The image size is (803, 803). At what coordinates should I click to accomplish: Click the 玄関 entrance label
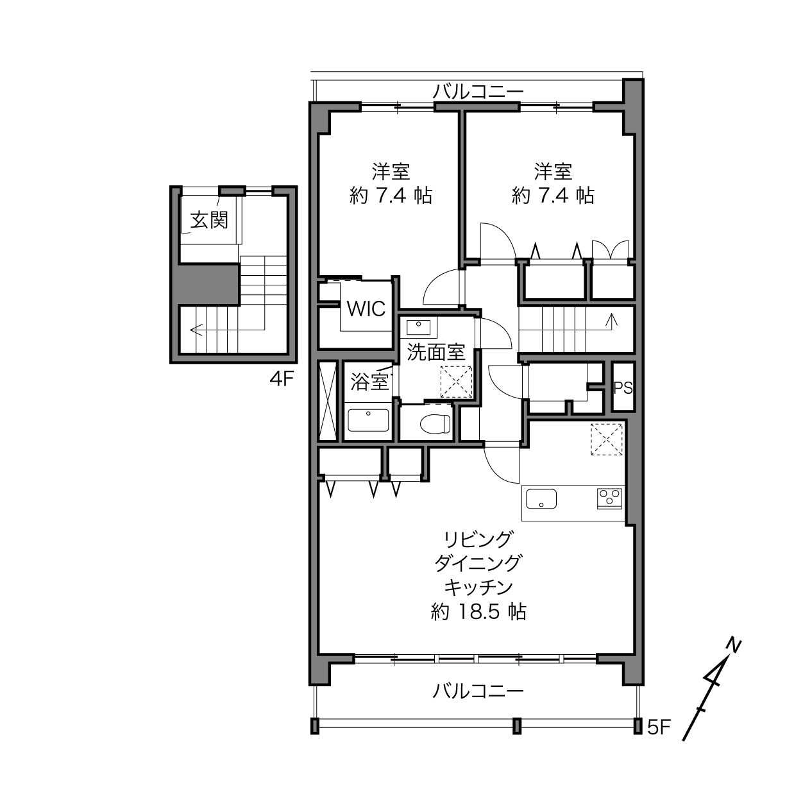pyautogui.click(x=209, y=220)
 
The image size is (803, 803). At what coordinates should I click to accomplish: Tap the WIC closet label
pyautogui.click(x=366, y=309)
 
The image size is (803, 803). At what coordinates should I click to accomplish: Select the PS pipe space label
pyautogui.click(x=623, y=388)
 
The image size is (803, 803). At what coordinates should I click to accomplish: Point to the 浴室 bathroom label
pyautogui.click(x=369, y=381)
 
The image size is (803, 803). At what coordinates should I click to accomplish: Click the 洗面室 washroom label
pyautogui.click(x=436, y=351)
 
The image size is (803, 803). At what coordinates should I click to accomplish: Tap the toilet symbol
pyautogui.click(x=435, y=424)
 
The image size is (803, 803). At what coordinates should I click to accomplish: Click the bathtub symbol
pyautogui.click(x=368, y=421)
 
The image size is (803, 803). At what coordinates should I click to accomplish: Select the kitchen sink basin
pyautogui.click(x=541, y=499)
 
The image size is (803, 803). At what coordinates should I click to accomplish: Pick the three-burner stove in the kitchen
pyautogui.click(x=610, y=498)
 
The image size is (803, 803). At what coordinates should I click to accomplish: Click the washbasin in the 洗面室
pyautogui.click(x=418, y=328)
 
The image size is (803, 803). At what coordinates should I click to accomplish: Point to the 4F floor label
pyautogui.click(x=282, y=379)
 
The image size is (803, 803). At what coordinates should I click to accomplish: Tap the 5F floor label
pyautogui.click(x=659, y=727)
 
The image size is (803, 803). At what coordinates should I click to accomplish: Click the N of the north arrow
pyautogui.click(x=734, y=645)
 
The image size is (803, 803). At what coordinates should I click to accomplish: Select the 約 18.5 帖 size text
pyautogui.click(x=478, y=612)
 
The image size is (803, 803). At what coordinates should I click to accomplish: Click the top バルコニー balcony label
pyautogui.click(x=478, y=92)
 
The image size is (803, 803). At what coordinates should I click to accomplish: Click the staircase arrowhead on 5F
pyautogui.click(x=612, y=319)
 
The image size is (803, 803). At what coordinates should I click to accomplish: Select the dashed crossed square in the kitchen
pyautogui.click(x=606, y=439)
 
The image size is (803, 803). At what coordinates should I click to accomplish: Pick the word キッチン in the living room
pyautogui.click(x=478, y=587)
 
